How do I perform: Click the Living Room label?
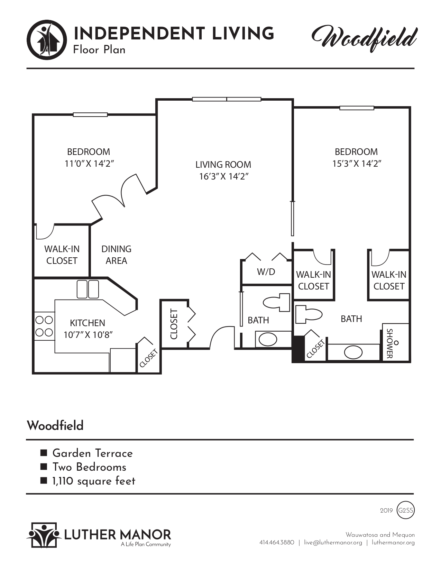223,165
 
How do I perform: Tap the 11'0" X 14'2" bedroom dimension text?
89,164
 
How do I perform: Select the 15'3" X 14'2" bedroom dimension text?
357,164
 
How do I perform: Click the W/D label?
266,272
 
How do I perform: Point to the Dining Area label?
116,255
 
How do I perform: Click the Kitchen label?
88,323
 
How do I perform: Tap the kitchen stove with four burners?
44,326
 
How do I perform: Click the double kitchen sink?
88,289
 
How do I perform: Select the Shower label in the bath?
389,343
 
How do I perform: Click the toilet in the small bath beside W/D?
277,302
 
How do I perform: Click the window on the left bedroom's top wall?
90,115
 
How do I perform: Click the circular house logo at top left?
47,39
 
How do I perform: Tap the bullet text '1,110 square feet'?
93,481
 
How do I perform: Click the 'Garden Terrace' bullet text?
92,453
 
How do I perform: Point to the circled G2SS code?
406,510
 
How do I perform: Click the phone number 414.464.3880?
276,543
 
